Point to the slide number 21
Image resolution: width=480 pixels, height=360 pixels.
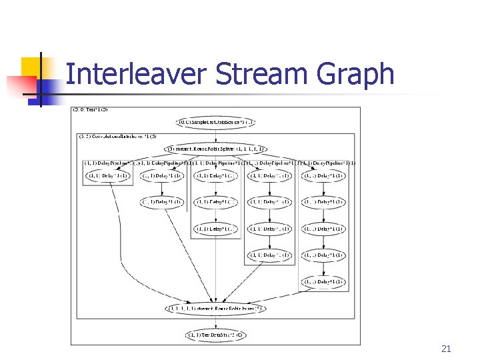pos(447,349)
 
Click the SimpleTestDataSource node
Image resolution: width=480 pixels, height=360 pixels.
pos(215,123)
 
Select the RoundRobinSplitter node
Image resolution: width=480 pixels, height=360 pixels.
pos(215,149)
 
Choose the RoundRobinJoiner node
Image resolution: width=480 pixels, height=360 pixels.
pos(215,309)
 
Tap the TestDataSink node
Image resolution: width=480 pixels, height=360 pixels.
pos(215,335)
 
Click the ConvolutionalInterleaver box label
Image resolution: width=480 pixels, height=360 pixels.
pos(117,137)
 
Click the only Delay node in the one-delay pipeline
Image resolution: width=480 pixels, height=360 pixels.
pos(108,176)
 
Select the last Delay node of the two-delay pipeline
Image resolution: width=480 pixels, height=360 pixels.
pos(162,202)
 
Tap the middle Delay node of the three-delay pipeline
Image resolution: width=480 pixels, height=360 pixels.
pos(216,202)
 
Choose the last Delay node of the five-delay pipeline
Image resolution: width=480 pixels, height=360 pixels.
pos(323,282)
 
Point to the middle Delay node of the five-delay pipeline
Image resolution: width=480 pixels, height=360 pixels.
pos(323,229)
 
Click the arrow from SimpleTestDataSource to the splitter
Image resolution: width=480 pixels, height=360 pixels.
pos(215,136)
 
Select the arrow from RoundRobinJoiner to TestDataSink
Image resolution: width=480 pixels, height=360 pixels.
pos(215,322)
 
